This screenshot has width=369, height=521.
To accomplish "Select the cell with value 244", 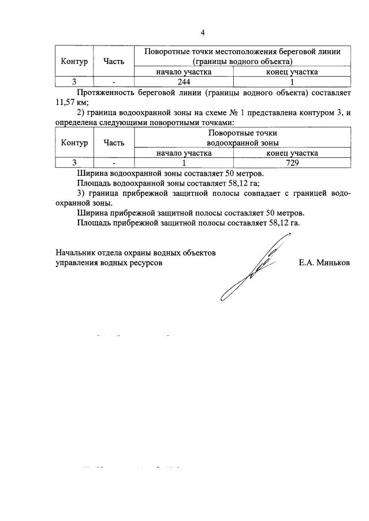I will [184, 82].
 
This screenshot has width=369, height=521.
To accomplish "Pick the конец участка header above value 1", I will [292, 72].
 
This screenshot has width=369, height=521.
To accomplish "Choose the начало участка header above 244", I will [184, 72].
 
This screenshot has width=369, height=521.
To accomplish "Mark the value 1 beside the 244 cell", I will [292, 82].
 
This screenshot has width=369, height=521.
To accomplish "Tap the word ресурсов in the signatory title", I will [147, 263].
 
